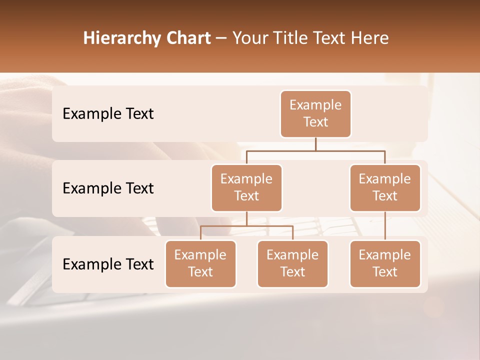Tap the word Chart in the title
click(186, 38)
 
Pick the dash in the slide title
click(221, 38)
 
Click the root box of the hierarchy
click(315, 114)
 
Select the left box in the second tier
click(246, 188)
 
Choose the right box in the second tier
click(385, 188)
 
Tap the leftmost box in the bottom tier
click(200, 264)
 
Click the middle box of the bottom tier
click(292, 264)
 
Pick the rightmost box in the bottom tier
click(385, 264)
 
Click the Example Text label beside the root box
click(108, 114)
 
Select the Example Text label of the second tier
click(108, 188)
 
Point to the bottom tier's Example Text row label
click(108, 264)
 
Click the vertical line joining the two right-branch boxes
click(385, 226)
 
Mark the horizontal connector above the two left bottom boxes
click(246, 226)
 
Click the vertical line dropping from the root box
click(315, 143)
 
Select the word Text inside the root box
click(315, 122)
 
